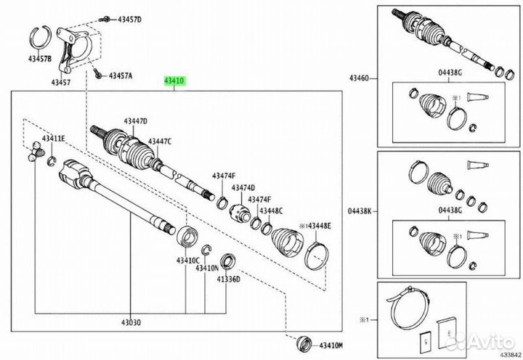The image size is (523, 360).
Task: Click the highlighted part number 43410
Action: coord(174,81)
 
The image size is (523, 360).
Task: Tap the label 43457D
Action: coord(130,20)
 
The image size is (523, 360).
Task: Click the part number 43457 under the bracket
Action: coord(61,82)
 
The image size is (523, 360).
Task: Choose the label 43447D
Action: coord(135,121)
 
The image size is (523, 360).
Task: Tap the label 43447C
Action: coord(160,142)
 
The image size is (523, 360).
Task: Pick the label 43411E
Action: coord(53,139)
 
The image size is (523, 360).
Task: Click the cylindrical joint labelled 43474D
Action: coord(240,213)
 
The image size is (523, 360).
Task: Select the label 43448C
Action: coord(271,211)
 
